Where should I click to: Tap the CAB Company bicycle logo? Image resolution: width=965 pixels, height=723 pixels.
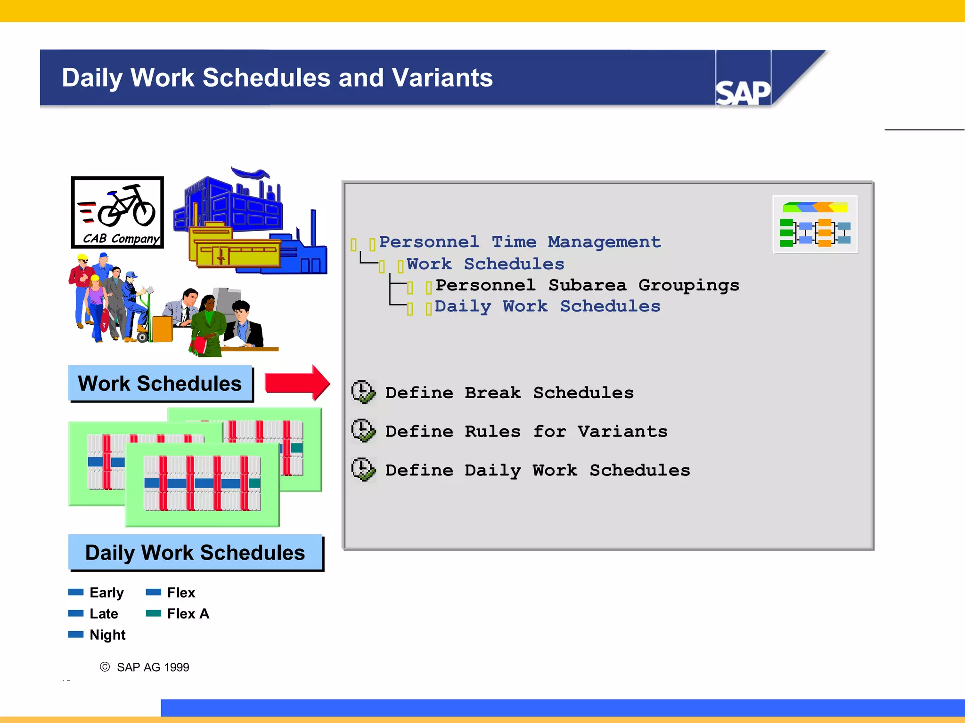coord(117,212)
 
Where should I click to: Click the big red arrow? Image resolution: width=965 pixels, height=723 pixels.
coord(297,382)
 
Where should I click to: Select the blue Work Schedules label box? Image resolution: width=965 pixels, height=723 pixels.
coord(160,383)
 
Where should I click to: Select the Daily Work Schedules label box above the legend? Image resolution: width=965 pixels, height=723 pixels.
coord(195,552)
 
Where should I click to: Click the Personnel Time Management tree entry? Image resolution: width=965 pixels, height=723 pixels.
coord(519,242)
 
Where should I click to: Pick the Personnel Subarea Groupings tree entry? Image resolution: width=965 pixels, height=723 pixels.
coord(587,285)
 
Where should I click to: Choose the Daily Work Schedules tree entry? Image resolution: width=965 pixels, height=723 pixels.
coord(547,306)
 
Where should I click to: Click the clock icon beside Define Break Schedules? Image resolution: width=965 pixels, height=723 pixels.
coord(363,392)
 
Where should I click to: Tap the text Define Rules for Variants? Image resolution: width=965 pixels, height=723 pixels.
coord(526,431)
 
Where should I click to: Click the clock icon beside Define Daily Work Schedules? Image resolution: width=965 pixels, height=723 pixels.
coord(363,470)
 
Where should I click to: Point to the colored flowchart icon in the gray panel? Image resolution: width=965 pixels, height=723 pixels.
coord(815,225)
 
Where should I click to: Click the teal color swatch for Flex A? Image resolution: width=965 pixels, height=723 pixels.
coord(154,613)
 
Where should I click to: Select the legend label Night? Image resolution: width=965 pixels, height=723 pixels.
coord(107,635)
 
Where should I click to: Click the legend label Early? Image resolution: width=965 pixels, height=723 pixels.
coord(106,593)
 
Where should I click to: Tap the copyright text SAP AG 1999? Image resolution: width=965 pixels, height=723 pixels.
coord(152,667)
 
